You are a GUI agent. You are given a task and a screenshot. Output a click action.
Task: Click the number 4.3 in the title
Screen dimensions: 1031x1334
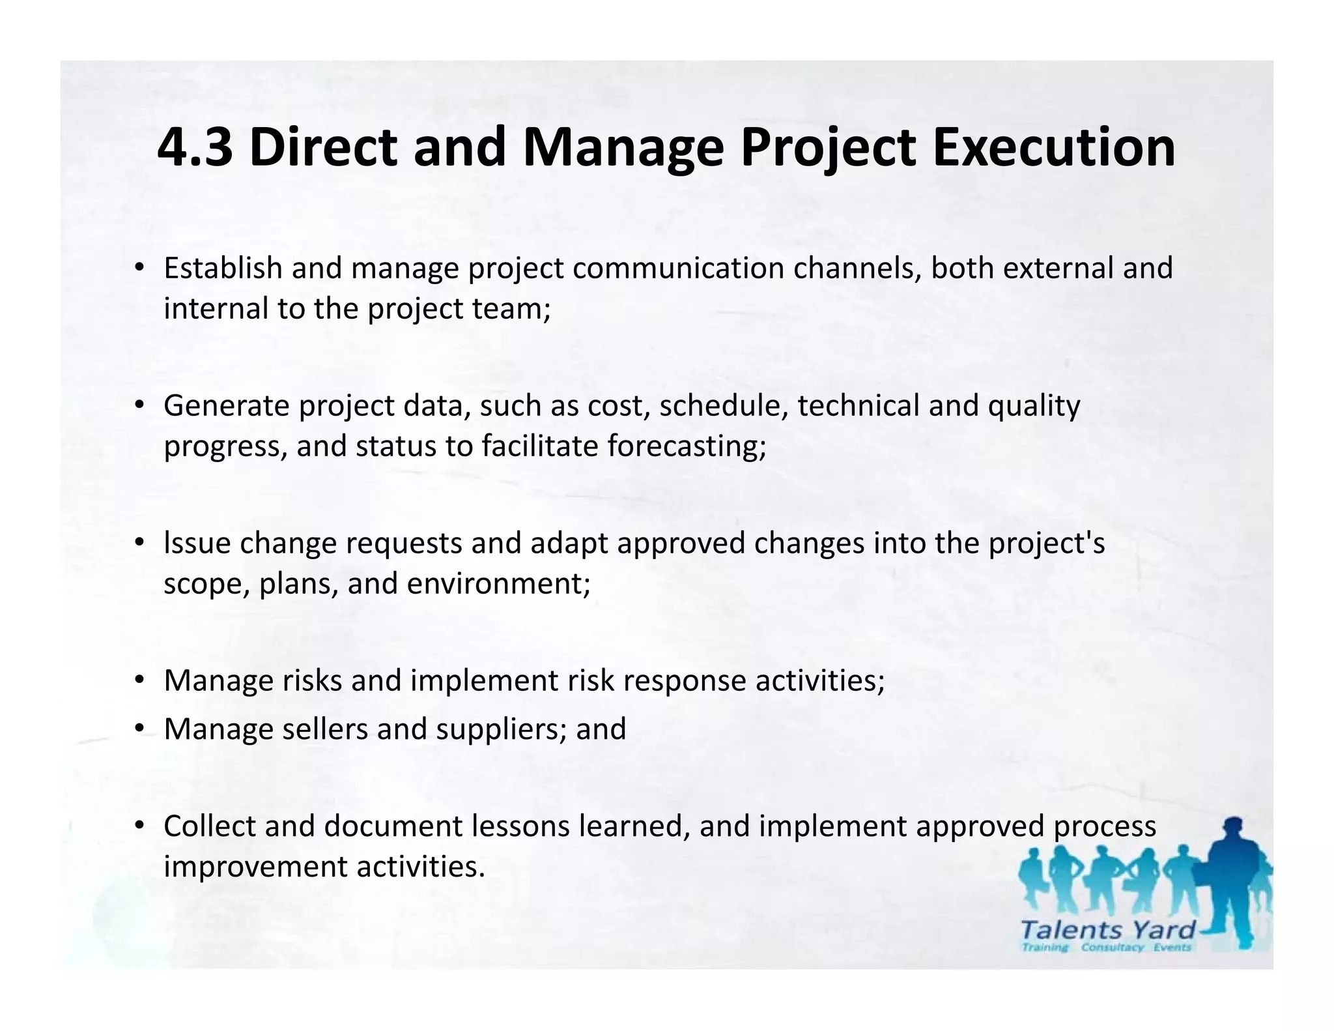pyautogui.click(x=195, y=147)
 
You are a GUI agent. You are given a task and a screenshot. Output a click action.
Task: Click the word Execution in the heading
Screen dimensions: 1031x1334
pyautogui.click(x=1053, y=147)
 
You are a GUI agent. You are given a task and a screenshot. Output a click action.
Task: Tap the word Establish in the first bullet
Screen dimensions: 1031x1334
pyautogui.click(x=223, y=268)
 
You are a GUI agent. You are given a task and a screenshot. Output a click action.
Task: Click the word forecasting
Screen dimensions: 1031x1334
pyautogui.click(x=687, y=446)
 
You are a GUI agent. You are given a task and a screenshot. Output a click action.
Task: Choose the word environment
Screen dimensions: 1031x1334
pyautogui.click(x=498, y=583)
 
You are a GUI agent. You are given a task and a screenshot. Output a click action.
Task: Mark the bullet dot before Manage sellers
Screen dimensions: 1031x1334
pyautogui.click(x=139, y=729)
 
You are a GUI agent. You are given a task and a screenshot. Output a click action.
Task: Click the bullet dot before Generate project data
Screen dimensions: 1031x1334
pyautogui.click(x=139, y=405)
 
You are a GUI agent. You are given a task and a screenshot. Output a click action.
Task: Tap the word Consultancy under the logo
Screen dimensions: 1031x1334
pyautogui.click(x=1112, y=947)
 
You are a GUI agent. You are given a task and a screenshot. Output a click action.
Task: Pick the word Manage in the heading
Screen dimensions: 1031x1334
pyautogui.click(x=623, y=147)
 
